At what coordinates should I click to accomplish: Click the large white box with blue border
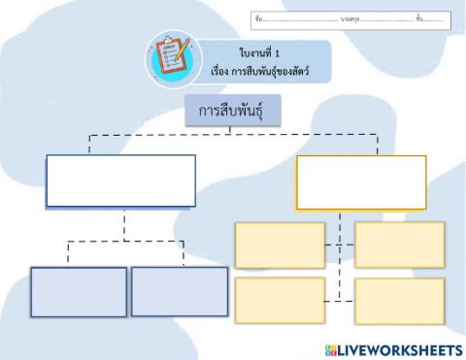coord(121,180)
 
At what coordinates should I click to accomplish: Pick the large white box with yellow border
coord(360,182)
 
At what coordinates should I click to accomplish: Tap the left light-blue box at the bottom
coord(79,292)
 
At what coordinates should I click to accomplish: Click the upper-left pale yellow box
coord(280,245)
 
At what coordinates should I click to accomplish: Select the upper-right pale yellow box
coord(399,245)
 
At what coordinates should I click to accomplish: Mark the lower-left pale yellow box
coord(280,301)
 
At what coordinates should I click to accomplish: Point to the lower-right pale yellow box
coord(399,301)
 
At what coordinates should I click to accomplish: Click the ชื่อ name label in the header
coord(256,18)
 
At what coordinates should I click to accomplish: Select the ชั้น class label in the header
coord(417,18)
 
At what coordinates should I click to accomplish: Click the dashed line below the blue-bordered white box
coord(125,224)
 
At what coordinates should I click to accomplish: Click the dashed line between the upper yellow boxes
coord(340,245)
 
